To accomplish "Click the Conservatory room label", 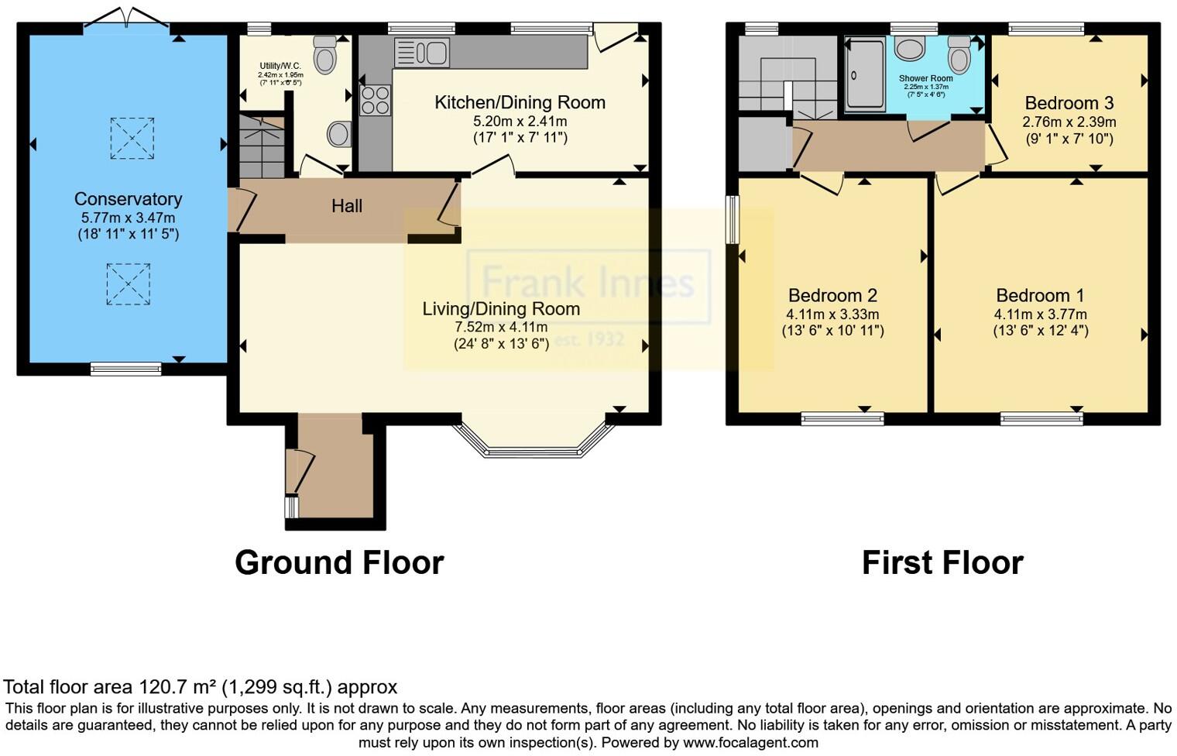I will click(128, 199).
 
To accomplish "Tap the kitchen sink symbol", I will click(422, 53).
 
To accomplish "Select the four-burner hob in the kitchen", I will click(376, 101).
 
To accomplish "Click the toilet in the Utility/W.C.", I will click(325, 55).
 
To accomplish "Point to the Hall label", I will click(346, 206).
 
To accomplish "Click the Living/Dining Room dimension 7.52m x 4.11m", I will click(501, 327).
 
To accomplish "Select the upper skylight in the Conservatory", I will click(132, 139).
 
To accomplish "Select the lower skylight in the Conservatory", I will click(129, 283).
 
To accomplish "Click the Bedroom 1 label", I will click(1040, 295).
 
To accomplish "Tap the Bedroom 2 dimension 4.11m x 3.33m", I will click(832, 314).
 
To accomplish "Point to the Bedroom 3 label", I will click(1069, 103).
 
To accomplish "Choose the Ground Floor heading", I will click(339, 562).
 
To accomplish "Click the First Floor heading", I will click(942, 562).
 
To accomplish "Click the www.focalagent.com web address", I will click(749, 743).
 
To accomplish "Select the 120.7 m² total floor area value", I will click(178, 687).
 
